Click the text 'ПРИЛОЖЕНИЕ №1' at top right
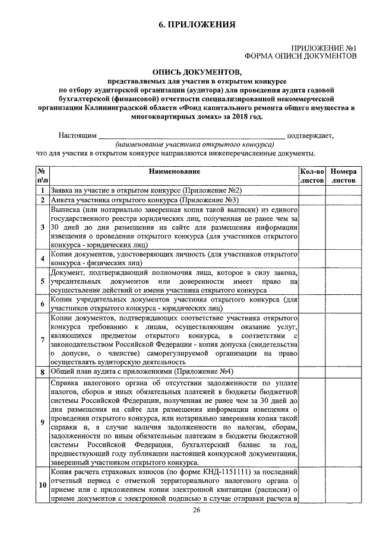pos(323,47)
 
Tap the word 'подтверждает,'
pos(311,135)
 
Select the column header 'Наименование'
pos(174,171)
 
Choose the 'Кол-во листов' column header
pos(312,175)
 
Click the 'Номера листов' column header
pos(344,175)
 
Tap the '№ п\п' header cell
pos(42,175)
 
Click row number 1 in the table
pos(42,190)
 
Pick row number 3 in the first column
pos(42,227)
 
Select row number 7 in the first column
pos(42,339)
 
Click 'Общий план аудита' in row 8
pos(82,371)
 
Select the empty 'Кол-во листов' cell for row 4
pos(312,258)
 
